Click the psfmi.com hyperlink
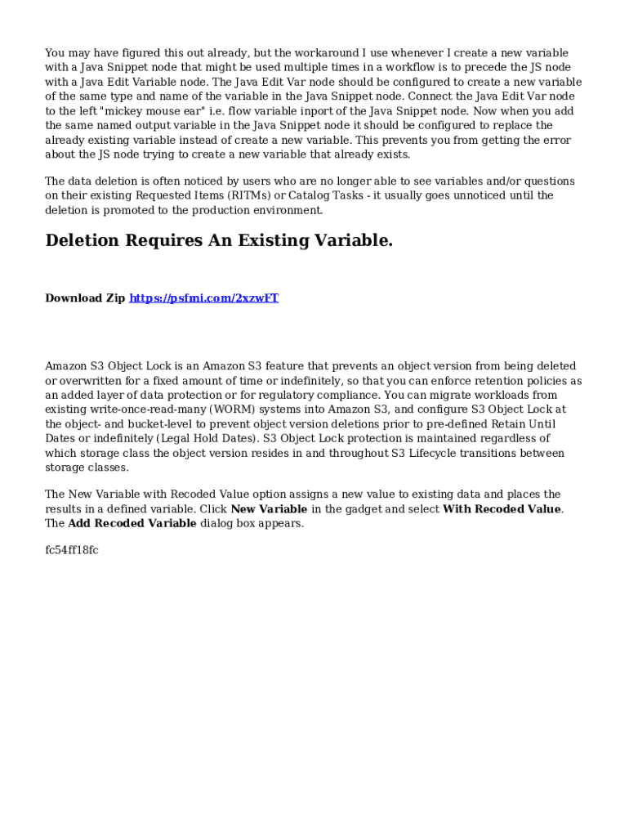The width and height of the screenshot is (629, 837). click(203, 298)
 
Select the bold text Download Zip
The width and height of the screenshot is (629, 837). click(85, 298)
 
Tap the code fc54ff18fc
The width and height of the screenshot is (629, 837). click(72, 550)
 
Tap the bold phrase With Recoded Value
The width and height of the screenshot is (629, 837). click(502, 509)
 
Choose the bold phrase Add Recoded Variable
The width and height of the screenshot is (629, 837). click(132, 524)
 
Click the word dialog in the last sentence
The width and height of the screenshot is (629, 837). click(219, 524)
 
